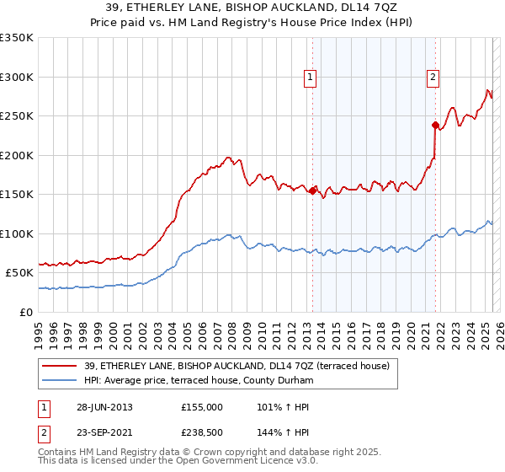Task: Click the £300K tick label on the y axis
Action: coord(17,77)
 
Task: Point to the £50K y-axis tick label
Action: coord(19,273)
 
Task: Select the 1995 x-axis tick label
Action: coord(40,330)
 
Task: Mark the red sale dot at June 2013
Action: coord(312,190)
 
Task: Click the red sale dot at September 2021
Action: coord(436,126)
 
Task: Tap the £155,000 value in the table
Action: coord(201,407)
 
